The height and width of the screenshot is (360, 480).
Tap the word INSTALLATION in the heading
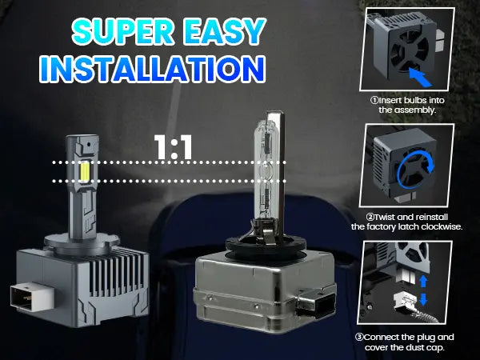(153, 68)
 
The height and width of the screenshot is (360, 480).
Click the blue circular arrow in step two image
(413, 170)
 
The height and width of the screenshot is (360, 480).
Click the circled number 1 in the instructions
(373, 101)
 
